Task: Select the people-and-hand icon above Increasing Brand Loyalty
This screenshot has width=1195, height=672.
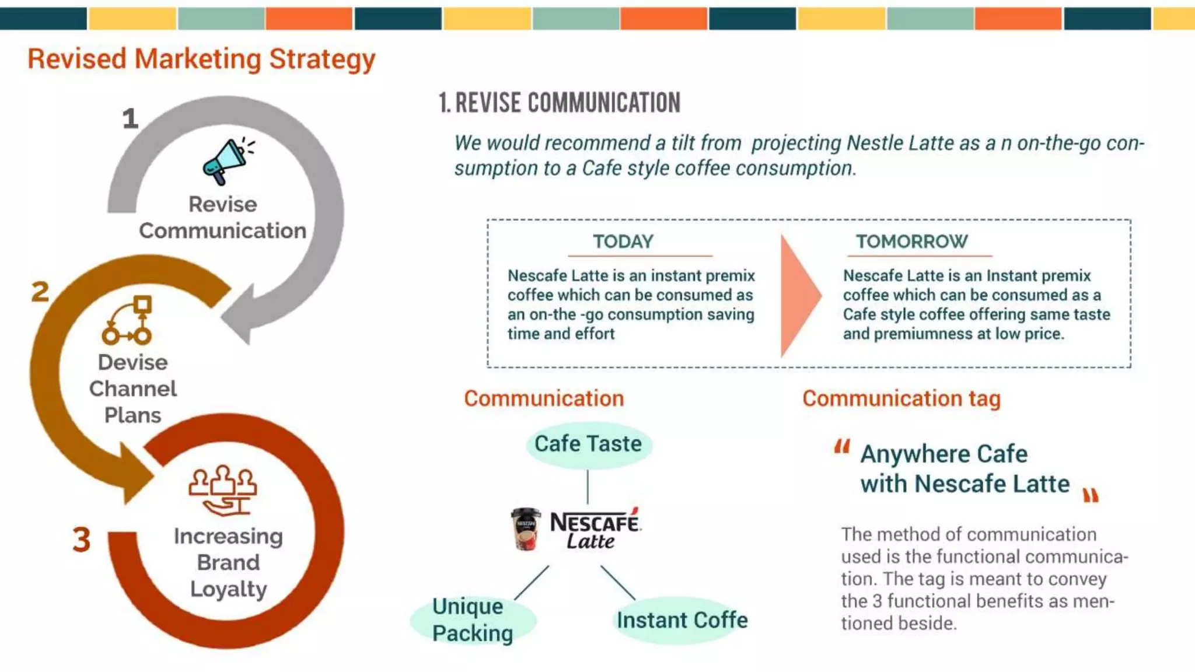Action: pyautogui.click(x=223, y=490)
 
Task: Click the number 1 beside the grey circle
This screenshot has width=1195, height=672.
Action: pyautogui.click(x=130, y=118)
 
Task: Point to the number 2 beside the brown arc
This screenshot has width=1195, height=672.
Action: pyautogui.click(x=40, y=292)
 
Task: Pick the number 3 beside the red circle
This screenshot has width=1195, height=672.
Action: pyautogui.click(x=82, y=540)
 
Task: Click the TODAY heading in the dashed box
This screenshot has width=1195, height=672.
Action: pyautogui.click(x=623, y=242)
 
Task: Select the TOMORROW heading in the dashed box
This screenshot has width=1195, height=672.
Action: pyautogui.click(x=911, y=242)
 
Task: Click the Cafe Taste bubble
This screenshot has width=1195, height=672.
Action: pyautogui.click(x=588, y=444)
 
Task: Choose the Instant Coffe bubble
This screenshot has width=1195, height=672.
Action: pyautogui.click(x=682, y=620)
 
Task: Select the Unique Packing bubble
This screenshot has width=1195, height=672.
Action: pyautogui.click(x=473, y=620)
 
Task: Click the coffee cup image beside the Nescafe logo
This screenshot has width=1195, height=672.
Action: pyautogui.click(x=525, y=529)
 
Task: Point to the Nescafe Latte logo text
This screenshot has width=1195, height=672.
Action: pyautogui.click(x=594, y=530)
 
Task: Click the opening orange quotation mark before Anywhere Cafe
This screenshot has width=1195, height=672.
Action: pyautogui.click(x=842, y=447)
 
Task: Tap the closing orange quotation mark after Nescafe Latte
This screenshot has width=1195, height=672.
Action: pyautogui.click(x=1091, y=496)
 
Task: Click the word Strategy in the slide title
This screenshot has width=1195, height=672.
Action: pyautogui.click(x=322, y=60)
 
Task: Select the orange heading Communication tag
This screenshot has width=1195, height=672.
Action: pyautogui.click(x=901, y=398)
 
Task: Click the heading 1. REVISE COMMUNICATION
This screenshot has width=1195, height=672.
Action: pyautogui.click(x=559, y=103)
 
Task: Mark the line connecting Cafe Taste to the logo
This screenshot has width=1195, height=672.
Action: pyautogui.click(x=588, y=487)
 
